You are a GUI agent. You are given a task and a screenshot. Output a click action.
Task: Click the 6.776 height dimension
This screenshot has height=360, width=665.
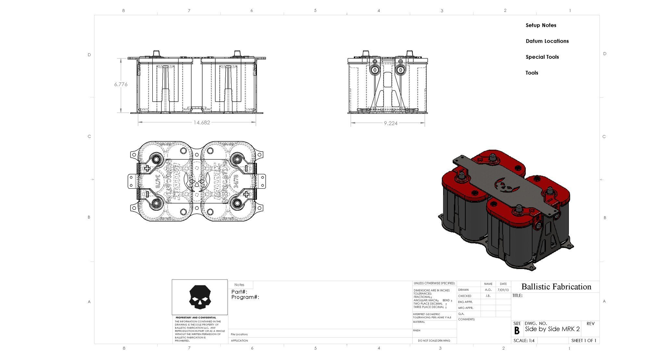click(121, 84)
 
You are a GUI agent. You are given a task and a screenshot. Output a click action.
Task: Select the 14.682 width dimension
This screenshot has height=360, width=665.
click(202, 123)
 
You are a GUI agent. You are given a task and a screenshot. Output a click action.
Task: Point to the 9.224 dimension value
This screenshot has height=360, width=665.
click(390, 123)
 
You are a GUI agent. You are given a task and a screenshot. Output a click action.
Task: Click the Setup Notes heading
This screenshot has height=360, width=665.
click(541, 25)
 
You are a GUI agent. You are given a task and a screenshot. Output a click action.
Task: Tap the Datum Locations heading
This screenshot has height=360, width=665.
click(547, 41)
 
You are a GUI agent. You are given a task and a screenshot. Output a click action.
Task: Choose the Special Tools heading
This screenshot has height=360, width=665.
click(542, 57)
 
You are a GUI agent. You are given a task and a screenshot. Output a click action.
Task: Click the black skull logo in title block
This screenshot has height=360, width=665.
click(199, 297)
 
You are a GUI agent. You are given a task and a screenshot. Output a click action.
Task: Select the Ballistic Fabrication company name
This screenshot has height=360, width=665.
click(556, 287)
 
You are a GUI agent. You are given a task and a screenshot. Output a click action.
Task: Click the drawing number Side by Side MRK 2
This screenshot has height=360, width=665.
click(552, 329)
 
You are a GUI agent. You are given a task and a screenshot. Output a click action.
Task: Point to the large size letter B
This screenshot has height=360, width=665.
click(517, 331)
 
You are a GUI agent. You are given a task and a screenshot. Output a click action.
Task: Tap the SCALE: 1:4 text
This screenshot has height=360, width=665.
click(524, 341)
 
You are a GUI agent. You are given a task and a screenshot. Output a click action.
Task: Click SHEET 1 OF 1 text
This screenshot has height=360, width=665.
click(583, 341)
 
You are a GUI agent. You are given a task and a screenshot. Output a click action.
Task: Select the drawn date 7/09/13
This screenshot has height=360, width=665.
click(503, 290)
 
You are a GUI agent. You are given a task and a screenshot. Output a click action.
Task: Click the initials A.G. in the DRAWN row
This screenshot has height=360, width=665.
click(488, 290)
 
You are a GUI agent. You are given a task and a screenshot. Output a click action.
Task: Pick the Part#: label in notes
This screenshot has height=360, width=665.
click(239, 292)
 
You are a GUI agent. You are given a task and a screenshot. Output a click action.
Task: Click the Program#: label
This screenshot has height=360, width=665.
click(245, 297)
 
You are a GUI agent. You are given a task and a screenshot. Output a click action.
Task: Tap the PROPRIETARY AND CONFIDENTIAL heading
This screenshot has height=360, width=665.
click(195, 318)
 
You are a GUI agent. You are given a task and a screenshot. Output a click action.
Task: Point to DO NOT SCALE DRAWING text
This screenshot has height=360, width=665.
click(434, 341)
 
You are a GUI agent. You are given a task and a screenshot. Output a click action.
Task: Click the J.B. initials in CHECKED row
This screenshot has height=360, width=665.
click(488, 296)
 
